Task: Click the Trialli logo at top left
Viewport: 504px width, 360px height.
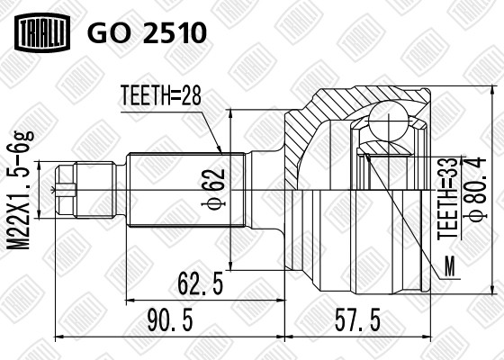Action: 40,33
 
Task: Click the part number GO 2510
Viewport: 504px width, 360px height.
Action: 147,33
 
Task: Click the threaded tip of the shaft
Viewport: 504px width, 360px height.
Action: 66,190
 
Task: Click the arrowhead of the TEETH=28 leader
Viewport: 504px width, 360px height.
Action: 220,148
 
